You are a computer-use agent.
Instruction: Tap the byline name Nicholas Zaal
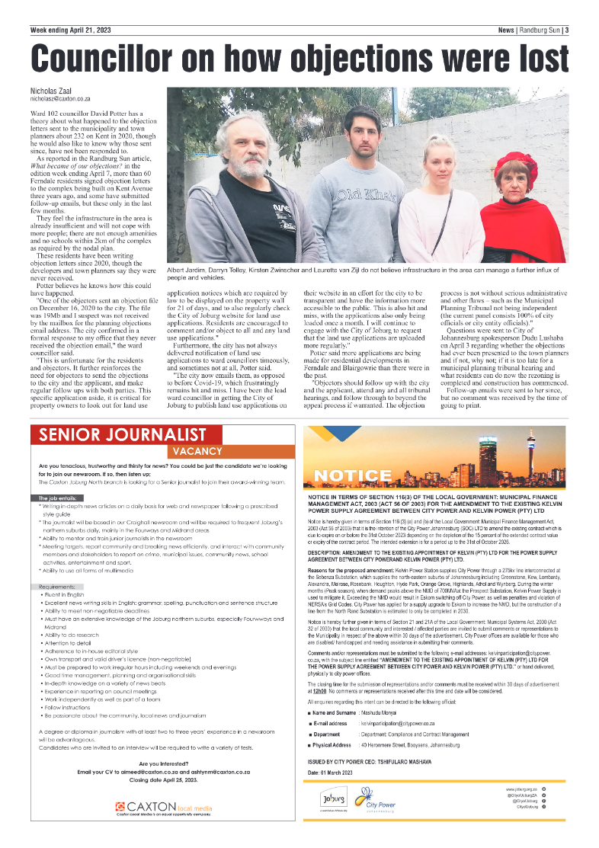51,91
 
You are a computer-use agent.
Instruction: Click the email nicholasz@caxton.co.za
60,99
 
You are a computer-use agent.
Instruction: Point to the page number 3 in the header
567,30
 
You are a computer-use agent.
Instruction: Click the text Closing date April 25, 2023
165,776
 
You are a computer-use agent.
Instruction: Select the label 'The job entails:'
58,498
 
